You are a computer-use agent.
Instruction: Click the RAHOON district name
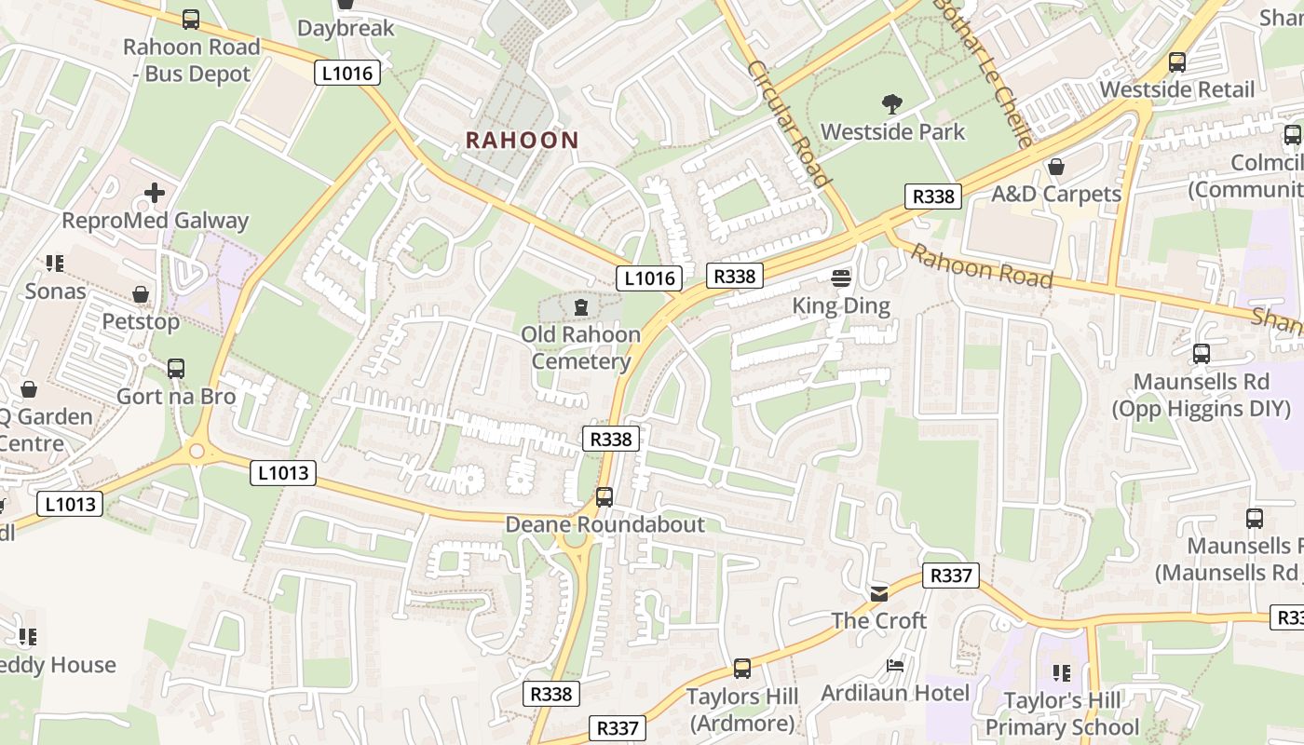point(522,141)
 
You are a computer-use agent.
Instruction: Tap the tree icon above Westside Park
point(892,103)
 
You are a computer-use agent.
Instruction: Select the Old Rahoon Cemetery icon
point(581,306)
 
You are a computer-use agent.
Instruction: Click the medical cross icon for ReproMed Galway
point(155,193)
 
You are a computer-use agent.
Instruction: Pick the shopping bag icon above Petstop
point(141,294)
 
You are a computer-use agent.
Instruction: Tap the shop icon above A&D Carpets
point(1055,167)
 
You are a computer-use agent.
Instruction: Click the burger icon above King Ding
point(840,278)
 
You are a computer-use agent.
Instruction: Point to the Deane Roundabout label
point(604,524)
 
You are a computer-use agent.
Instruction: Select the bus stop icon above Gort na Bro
point(176,368)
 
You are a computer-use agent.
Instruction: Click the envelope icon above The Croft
point(878,593)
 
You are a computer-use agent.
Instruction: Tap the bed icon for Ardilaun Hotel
point(894,666)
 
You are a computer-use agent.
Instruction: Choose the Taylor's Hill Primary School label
point(1062,713)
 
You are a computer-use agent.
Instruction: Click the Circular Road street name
point(787,123)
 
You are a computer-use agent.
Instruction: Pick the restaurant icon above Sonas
point(55,264)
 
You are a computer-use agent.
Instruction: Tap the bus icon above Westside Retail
point(1177,62)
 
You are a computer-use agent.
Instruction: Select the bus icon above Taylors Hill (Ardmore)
point(741,668)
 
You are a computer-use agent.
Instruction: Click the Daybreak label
point(346,28)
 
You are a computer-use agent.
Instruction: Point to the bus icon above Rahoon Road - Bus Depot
point(191,19)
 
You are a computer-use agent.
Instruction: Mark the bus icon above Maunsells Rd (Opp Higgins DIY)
point(1201,354)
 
